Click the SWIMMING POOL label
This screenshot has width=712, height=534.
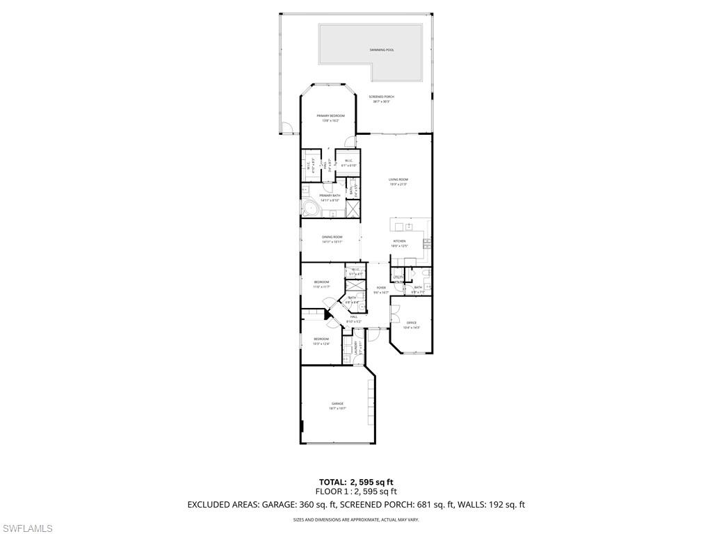click(382, 50)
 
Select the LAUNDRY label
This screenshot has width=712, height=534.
click(356, 348)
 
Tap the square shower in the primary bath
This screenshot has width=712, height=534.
click(353, 208)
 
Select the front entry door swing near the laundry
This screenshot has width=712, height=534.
click(373, 333)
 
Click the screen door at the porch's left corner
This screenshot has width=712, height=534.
click(286, 128)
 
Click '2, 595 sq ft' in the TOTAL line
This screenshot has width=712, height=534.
click(369, 482)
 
